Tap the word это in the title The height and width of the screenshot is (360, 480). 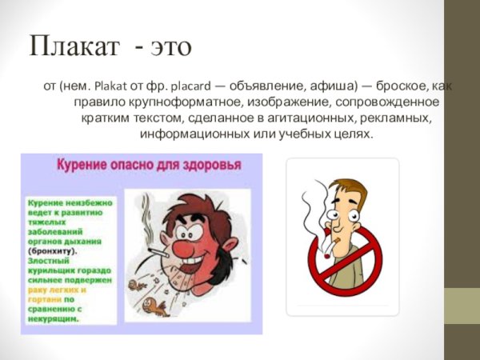(x=169, y=46)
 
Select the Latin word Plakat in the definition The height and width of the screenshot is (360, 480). (x=110, y=85)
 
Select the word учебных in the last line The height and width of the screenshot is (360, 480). (x=314, y=134)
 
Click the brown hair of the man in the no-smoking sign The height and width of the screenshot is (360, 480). (x=352, y=190)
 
